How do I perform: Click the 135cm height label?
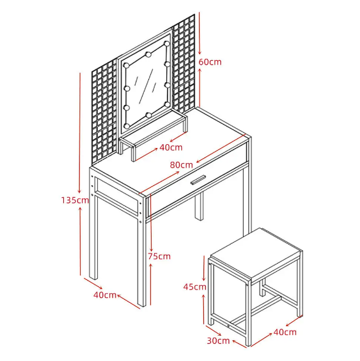click(x=75, y=200)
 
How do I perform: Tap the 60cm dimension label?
click(x=210, y=62)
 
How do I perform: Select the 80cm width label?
click(x=181, y=165)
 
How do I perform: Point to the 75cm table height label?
click(x=159, y=256)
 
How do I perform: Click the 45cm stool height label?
click(x=195, y=287)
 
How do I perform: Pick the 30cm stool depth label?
click(x=219, y=341)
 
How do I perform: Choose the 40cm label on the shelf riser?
click(x=171, y=147)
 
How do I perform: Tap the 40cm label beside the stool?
click(x=285, y=332)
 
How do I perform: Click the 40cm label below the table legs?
click(x=105, y=295)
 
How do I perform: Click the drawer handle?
click(x=198, y=180)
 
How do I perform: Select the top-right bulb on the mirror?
click(x=167, y=44)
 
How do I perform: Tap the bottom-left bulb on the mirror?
click(x=126, y=126)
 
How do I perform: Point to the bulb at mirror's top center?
click(x=148, y=54)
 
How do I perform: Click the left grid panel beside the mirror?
click(x=105, y=112)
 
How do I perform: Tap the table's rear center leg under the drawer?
click(x=199, y=206)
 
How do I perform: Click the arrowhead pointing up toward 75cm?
click(x=151, y=266)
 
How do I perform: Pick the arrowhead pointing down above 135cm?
click(x=80, y=191)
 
